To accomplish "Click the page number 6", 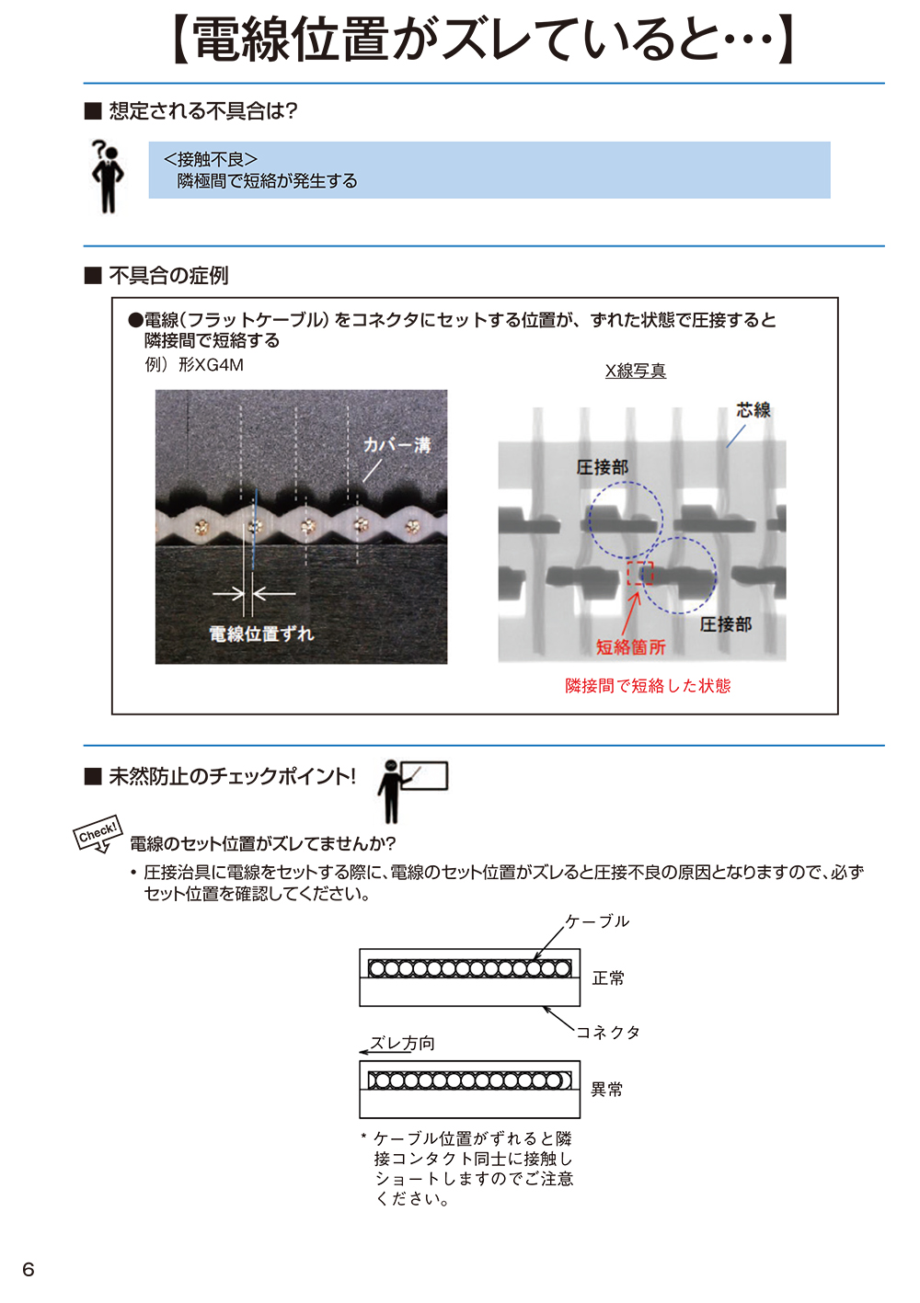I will tap(29, 1270).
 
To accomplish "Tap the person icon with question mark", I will tap(108, 176).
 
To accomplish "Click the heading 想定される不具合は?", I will tap(203, 111).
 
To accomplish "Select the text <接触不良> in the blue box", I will tap(211, 160).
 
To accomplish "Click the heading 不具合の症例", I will tap(168, 276).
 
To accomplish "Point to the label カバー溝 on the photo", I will tap(397, 445).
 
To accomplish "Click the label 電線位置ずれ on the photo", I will tap(261, 634).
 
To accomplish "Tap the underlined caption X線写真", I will tap(635, 371).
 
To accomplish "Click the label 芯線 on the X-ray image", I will tap(753, 410).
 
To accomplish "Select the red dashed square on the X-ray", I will tap(639, 573).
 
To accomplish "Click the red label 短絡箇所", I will tap(630, 647).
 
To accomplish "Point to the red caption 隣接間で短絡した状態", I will tap(648, 686).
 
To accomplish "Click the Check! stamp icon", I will tap(98, 833).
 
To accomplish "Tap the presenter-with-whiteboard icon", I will tap(409, 789).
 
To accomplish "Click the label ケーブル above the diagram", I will tap(597, 921).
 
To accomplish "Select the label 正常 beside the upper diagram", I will tap(608, 978).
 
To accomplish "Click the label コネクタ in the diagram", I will tap(608, 1033).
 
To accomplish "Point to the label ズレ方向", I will tap(402, 1044).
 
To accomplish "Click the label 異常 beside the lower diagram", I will tap(607, 1090).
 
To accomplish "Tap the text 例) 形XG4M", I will tap(194, 365).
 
